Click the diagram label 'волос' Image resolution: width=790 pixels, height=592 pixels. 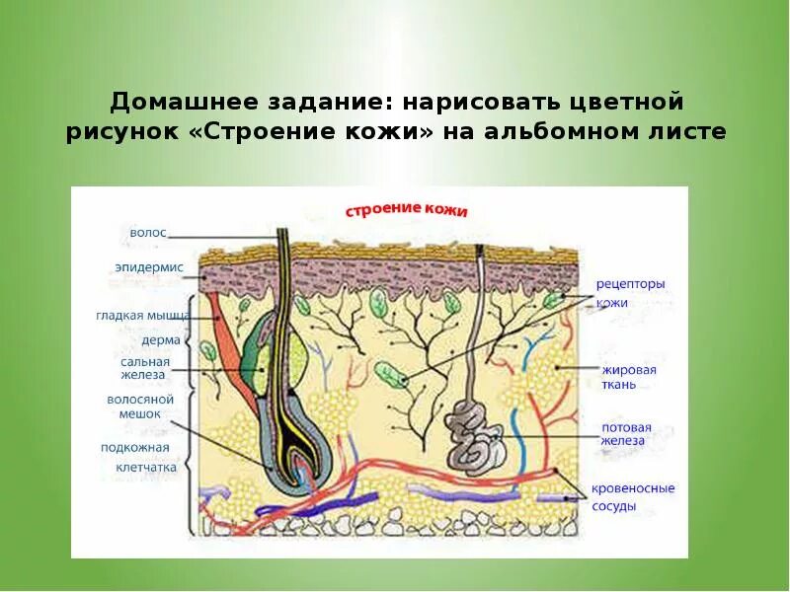(148, 233)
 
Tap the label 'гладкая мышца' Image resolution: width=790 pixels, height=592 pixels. (143, 316)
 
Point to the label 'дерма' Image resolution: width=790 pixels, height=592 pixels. (161, 339)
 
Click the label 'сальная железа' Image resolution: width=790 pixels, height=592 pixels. (145, 368)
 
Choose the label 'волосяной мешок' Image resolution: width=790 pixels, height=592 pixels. (140, 407)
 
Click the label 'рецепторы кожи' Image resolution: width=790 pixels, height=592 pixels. (630, 293)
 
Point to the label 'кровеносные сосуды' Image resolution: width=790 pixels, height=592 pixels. (633, 496)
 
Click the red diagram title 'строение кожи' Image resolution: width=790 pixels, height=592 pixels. (406, 211)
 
